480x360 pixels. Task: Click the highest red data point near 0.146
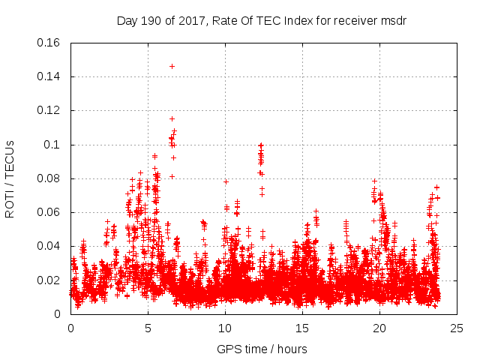pyautogui.click(x=172, y=66)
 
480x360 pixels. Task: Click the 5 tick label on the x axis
pyautogui.click(x=148, y=328)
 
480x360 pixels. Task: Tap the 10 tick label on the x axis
pyautogui.click(x=225, y=328)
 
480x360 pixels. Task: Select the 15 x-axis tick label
pyautogui.click(x=302, y=328)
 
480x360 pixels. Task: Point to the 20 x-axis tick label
pyautogui.click(x=379, y=328)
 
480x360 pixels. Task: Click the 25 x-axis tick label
pyautogui.click(x=457, y=328)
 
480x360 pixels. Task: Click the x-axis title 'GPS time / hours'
pyautogui.click(x=262, y=349)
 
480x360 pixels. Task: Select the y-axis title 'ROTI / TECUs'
pyautogui.click(x=10, y=178)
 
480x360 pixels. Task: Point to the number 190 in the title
pyautogui.click(x=154, y=20)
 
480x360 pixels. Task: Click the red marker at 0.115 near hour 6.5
pyautogui.click(x=172, y=118)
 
